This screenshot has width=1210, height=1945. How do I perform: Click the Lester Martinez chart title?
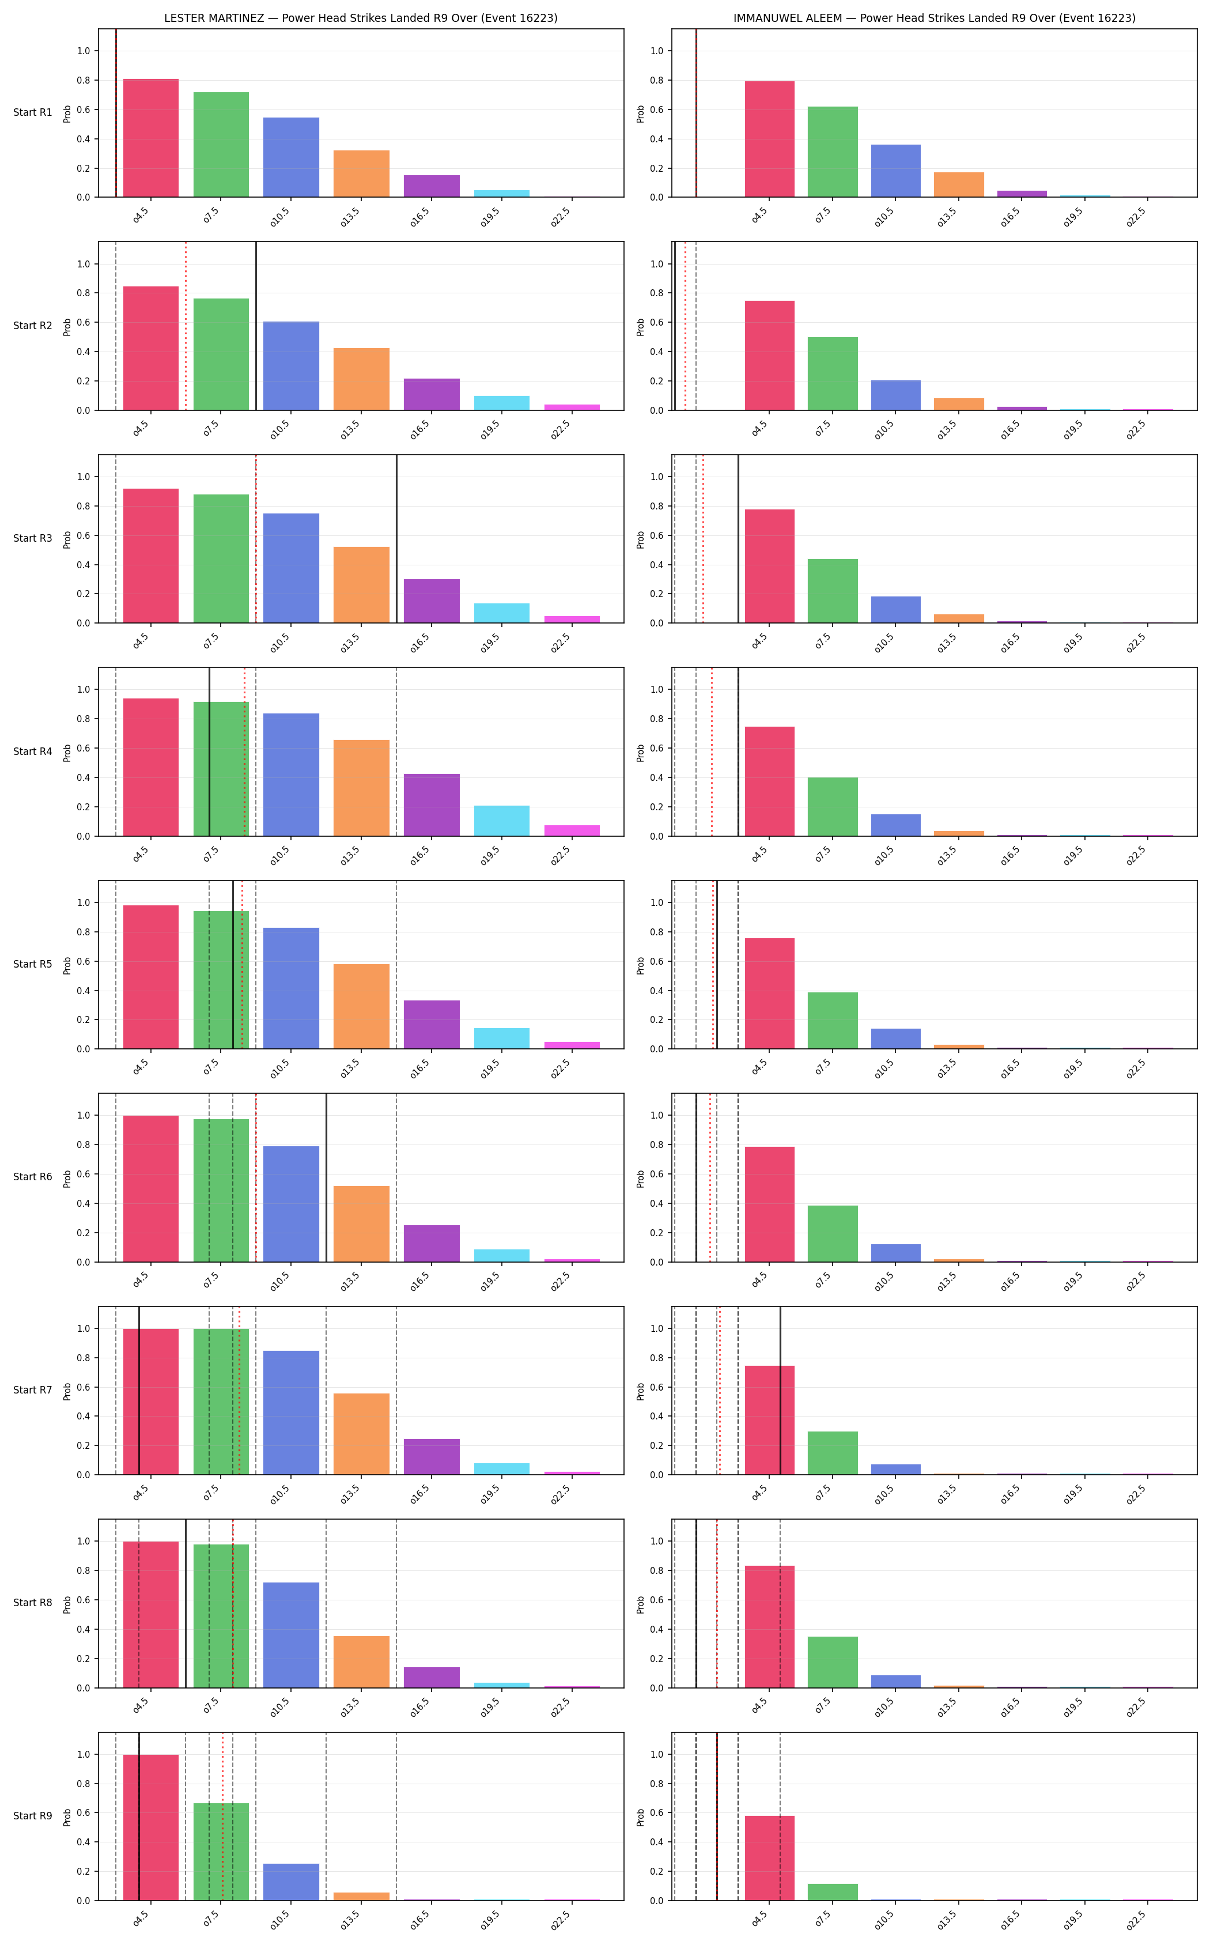361,18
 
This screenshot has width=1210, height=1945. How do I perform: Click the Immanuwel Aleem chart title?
934,18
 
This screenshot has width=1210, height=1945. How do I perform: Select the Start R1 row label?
33,113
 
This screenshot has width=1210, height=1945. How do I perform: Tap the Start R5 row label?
33,965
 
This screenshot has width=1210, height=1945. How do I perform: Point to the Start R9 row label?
33,1816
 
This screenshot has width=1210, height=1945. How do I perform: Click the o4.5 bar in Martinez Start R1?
151,138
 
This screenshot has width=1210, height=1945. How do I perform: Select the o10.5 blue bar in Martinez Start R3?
292,568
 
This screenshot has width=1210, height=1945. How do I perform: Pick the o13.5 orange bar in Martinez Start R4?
362,788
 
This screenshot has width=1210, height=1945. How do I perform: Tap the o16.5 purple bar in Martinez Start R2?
432,395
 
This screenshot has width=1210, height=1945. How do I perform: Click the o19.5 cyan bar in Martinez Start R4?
502,821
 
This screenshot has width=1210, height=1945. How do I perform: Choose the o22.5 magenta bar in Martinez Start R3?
572,620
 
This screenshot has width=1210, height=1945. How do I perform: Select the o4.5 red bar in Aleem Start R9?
770,1859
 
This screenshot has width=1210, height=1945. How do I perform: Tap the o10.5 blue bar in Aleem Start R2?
895,395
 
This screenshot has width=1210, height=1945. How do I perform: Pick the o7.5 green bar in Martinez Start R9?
221,1852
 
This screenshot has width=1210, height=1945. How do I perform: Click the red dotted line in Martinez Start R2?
186,326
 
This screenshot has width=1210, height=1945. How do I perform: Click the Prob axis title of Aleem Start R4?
640,753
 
